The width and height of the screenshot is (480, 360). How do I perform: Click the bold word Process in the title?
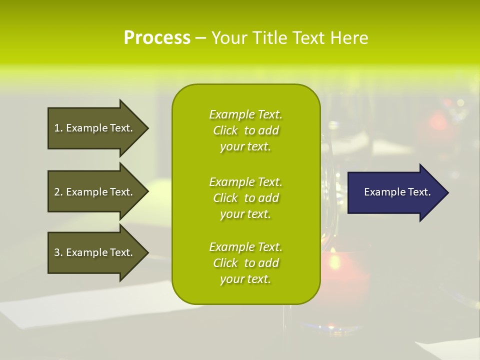[x=157, y=38]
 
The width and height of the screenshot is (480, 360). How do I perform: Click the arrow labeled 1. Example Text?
[x=95, y=128]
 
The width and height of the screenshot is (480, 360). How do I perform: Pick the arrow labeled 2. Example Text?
[x=95, y=192]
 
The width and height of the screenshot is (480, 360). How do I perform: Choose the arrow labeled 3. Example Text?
[x=95, y=252]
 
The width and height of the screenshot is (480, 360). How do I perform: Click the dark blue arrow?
[x=395, y=192]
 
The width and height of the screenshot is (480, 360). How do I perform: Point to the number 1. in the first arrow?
[x=58, y=128]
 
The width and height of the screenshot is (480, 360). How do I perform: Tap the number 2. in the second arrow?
[x=58, y=192]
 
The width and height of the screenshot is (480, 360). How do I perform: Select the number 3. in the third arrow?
[x=58, y=252]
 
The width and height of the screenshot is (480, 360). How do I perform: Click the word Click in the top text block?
[x=225, y=130]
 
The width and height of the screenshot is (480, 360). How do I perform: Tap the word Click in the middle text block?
[x=225, y=198]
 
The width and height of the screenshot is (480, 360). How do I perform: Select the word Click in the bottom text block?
[x=225, y=263]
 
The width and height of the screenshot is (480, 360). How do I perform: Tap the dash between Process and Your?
[x=200, y=38]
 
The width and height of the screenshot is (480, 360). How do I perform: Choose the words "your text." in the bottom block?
[x=245, y=279]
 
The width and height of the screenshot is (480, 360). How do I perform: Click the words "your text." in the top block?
[x=245, y=146]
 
